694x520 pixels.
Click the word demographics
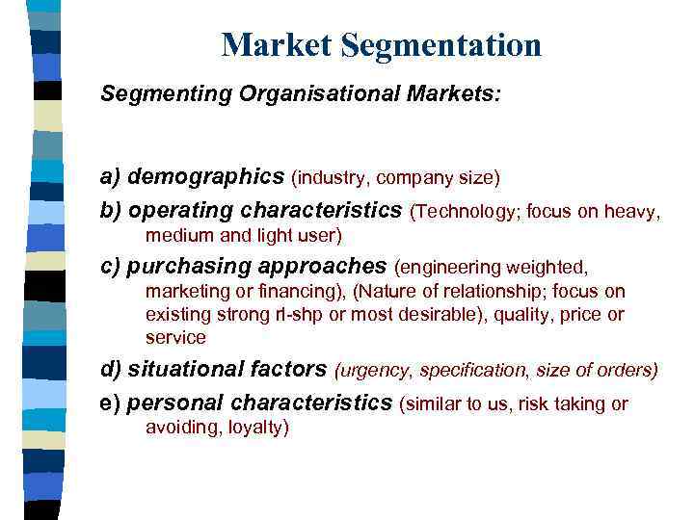point(206,177)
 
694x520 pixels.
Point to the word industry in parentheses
point(333,178)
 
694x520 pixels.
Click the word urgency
point(370,370)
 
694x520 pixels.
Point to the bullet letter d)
point(111,369)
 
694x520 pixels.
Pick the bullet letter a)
point(111,177)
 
